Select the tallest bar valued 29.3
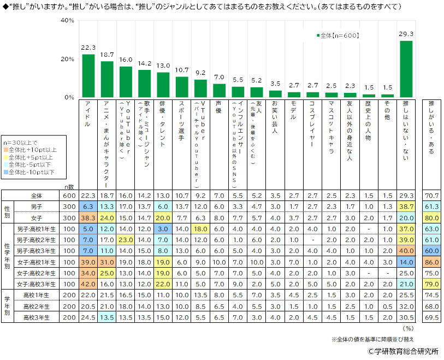point(406,69)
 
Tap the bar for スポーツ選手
point(182,87)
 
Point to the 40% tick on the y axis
point(68,20)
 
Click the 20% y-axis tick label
point(68,59)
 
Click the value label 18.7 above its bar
point(107,55)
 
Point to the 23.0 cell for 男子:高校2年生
point(126,240)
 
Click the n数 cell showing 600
point(69,196)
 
